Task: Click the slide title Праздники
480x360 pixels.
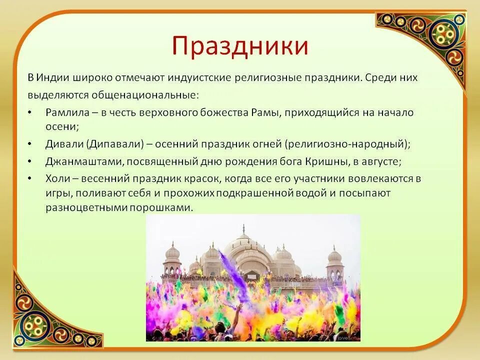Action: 239,46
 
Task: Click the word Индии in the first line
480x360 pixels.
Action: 52,78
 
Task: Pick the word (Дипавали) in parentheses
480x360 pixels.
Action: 114,144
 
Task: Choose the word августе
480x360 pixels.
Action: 382,161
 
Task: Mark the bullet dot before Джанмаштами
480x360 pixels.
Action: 31,162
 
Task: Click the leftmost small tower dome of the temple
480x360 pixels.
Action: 172,252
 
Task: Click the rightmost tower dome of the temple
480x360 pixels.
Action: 334,256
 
